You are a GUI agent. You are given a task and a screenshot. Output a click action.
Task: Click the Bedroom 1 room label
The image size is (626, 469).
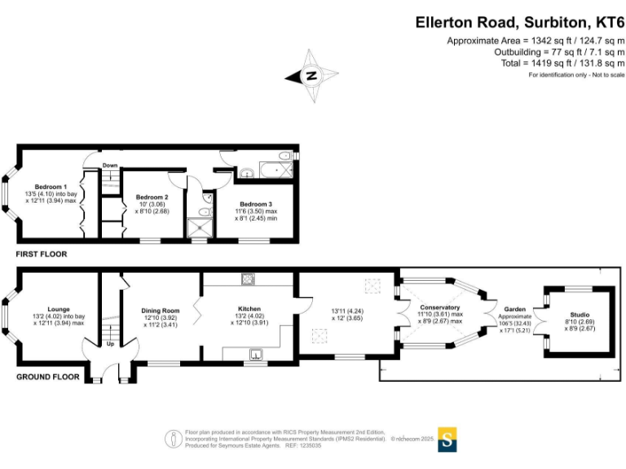(x=51, y=186)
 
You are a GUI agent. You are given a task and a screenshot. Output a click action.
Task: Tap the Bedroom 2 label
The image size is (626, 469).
(x=152, y=197)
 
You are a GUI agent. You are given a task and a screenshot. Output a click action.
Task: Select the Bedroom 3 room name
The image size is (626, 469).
(x=255, y=203)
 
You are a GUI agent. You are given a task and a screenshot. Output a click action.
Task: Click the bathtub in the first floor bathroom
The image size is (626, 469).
(x=273, y=170)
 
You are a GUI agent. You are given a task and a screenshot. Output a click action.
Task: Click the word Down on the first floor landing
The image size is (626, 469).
(x=110, y=165)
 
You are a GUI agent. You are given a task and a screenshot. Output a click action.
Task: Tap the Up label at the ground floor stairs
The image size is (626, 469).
(x=111, y=343)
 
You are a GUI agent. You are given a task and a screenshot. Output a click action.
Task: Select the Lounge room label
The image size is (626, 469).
(x=58, y=309)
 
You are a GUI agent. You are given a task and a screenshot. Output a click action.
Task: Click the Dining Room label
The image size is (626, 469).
(x=160, y=310)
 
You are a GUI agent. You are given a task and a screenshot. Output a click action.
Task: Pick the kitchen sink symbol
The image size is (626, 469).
(x=255, y=353)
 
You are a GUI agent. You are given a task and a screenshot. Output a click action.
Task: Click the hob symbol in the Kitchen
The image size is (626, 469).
(x=246, y=279)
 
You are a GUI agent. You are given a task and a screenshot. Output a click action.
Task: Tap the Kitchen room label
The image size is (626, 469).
(x=249, y=309)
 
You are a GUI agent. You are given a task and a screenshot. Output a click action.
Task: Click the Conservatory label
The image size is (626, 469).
(x=439, y=307)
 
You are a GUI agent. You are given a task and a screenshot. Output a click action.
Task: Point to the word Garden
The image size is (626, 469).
(x=515, y=309)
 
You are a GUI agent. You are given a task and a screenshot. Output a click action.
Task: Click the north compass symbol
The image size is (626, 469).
(x=311, y=76)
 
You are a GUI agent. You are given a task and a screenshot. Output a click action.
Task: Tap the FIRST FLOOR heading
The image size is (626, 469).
(x=42, y=254)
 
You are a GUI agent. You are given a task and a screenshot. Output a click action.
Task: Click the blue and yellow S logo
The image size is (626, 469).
(x=447, y=439)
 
